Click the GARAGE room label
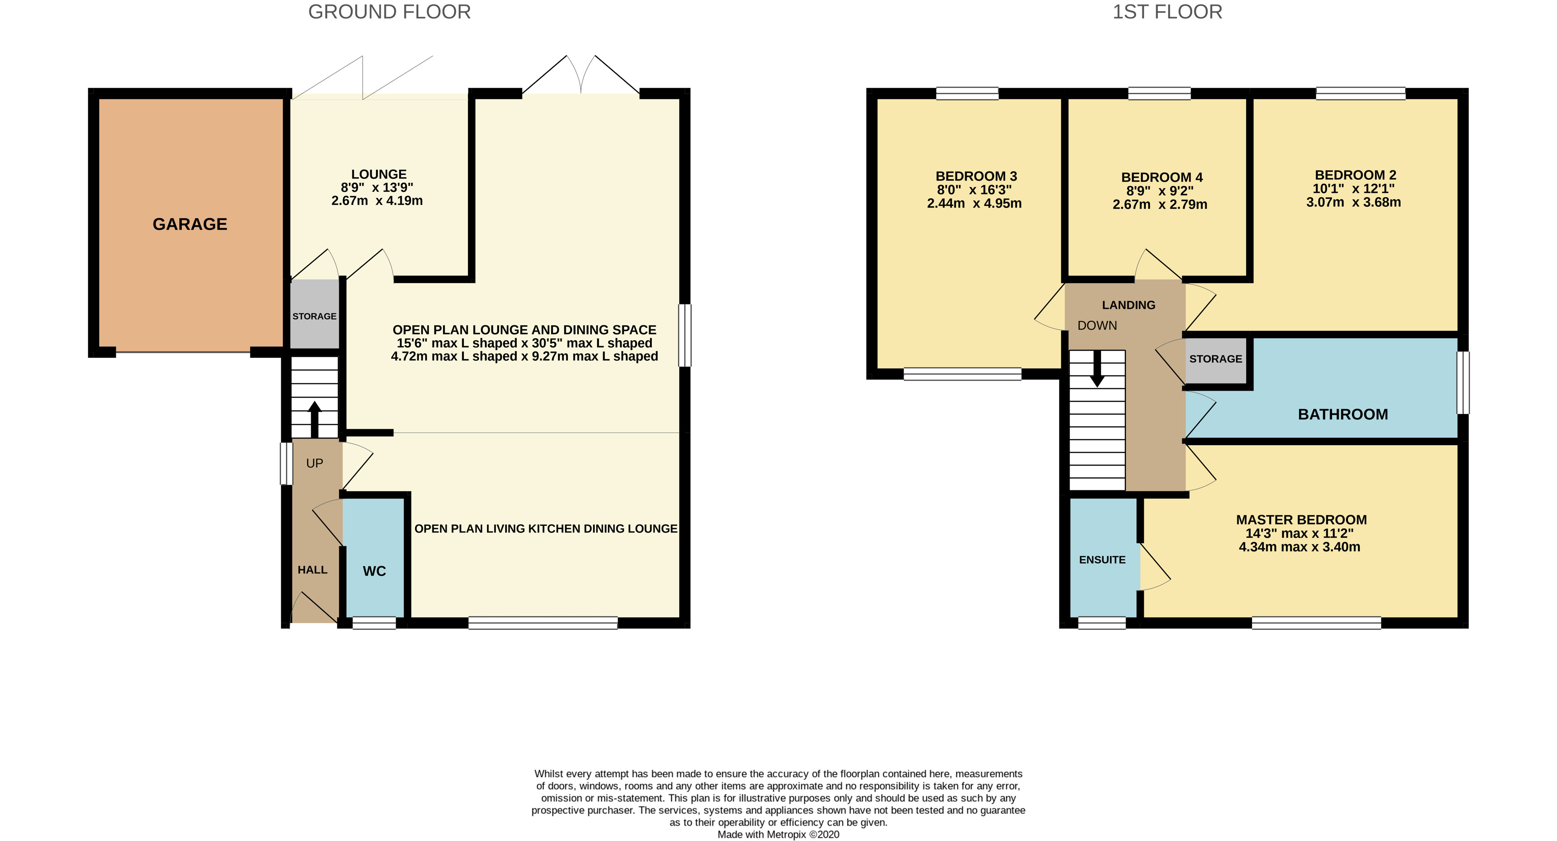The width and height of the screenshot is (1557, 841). coord(190,224)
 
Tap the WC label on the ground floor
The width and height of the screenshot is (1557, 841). coord(374,571)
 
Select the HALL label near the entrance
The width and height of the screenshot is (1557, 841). coord(313,570)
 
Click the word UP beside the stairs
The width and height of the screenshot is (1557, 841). coord(314,463)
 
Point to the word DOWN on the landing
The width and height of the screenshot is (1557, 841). coord(1097,326)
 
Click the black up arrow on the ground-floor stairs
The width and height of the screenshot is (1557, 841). coord(314,419)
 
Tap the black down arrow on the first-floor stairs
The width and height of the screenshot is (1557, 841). coord(1097,368)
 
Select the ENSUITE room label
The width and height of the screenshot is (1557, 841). coord(1102,560)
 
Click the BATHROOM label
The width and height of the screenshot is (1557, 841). coord(1343,415)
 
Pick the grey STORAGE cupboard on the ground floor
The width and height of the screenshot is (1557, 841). coord(314,314)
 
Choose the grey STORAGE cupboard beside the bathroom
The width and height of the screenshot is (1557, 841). coord(1216,361)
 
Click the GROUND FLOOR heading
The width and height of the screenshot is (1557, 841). coord(389,12)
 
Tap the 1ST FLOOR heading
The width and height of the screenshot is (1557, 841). coord(1167,12)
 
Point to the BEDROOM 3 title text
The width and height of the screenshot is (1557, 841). coord(976,177)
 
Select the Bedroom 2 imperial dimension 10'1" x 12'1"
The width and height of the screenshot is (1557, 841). coord(1353,189)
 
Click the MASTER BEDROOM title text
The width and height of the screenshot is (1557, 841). coord(1301,520)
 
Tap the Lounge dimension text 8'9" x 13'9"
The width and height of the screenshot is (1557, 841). coord(377,187)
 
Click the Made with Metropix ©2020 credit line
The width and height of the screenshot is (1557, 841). coord(779,834)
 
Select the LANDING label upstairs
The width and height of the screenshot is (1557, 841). coord(1129,305)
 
